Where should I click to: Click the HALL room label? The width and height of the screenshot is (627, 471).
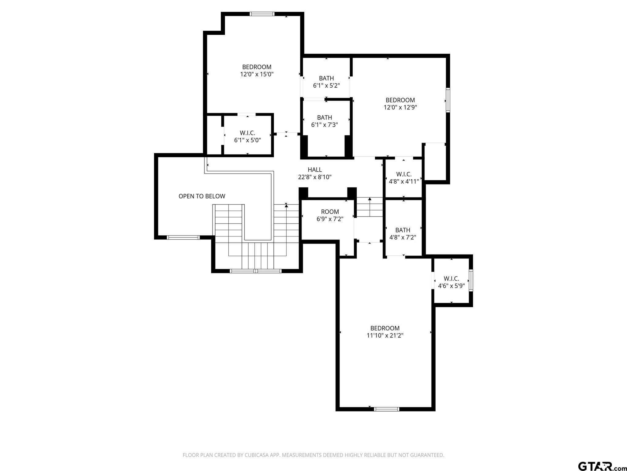coord(315,170)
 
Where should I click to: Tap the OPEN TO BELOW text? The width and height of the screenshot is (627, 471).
coord(202,196)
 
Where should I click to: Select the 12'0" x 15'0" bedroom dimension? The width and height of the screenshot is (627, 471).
coord(257,74)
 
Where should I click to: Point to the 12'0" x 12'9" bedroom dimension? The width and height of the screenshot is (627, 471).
coord(400,107)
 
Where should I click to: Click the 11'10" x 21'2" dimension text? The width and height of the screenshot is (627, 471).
coord(385,335)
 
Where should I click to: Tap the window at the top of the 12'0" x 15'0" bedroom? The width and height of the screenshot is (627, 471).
coord(262,14)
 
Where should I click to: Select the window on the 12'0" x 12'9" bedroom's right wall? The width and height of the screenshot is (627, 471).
coord(448,100)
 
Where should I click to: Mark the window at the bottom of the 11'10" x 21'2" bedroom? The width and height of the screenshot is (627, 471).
coord(387,409)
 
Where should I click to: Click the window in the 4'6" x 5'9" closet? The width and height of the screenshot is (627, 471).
coord(471,280)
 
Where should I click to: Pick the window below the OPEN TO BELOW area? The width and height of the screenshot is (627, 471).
coord(183,237)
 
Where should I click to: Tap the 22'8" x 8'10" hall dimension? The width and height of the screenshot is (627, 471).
coord(315,177)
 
